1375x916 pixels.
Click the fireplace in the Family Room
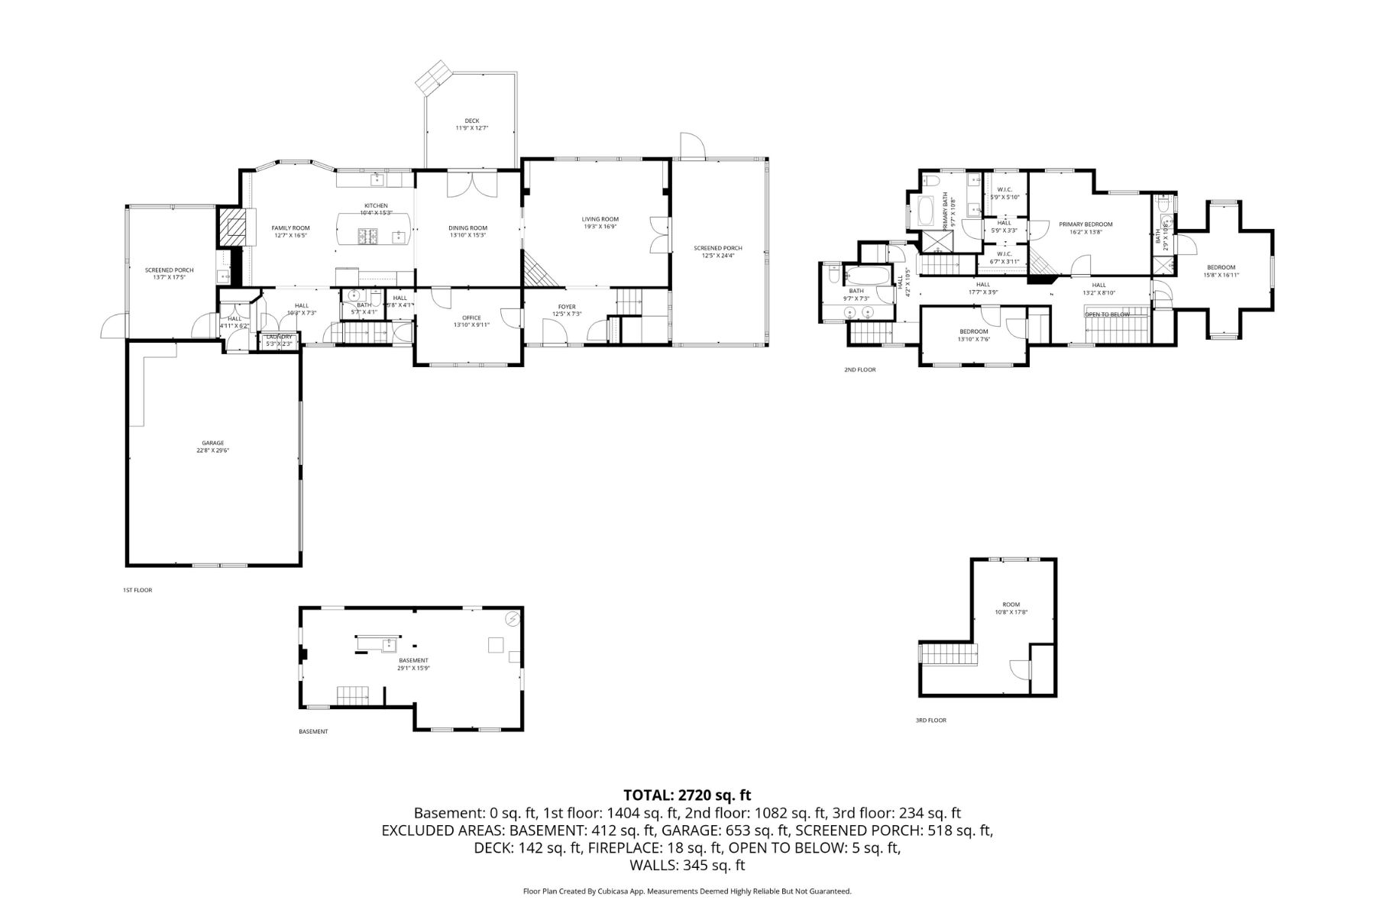coord(234,225)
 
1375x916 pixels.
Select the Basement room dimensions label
coord(413,668)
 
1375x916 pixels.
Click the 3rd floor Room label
coord(1011,608)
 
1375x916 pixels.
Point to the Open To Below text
coord(1107,314)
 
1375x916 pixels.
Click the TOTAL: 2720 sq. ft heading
coord(687,795)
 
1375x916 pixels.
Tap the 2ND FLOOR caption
coord(859,369)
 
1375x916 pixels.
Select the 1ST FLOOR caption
coord(137,590)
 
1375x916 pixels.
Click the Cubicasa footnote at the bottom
coord(687,891)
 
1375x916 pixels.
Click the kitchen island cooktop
coord(367,237)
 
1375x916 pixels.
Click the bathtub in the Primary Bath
coord(925,211)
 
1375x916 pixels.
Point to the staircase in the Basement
coord(353,695)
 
